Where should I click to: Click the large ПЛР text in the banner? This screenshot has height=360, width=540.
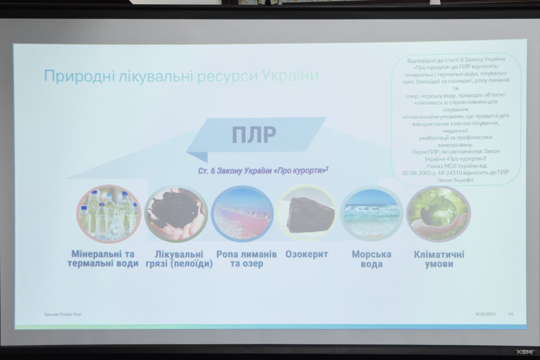pyautogui.click(x=254, y=135)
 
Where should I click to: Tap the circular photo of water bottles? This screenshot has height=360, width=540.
pyautogui.click(x=109, y=214)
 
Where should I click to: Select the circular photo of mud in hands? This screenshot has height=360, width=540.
pyautogui.click(x=176, y=214)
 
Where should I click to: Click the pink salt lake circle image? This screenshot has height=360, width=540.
pyautogui.click(x=242, y=214)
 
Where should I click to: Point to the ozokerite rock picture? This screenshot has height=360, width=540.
pyautogui.click(x=306, y=213)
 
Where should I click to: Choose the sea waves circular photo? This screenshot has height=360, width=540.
pyautogui.click(x=372, y=214)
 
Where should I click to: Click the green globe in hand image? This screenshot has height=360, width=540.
pyautogui.click(x=438, y=214)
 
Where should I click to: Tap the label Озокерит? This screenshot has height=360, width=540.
pyautogui.click(x=307, y=254)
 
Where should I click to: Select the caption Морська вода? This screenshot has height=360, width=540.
pyautogui.click(x=372, y=259)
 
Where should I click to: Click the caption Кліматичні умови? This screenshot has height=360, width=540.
pyautogui.click(x=439, y=259)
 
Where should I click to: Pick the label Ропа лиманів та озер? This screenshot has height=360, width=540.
pyautogui.click(x=247, y=259)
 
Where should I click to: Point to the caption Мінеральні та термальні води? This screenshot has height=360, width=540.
pyautogui.click(x=103, y=258)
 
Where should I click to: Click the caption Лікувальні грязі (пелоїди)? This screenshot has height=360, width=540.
pyautogui.click(x=179, y=259)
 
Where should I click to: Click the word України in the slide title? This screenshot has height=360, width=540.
pyautogui.click(x=290, y=75)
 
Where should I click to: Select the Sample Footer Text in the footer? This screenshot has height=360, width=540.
pyautogui.click(x=63, y=314)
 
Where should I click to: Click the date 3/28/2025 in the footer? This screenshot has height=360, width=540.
pyautogui.click(x=486, y=314)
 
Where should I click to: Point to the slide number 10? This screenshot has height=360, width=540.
pyautogui.click(x=510, y=314)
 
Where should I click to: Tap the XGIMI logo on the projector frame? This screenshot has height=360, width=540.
pyautogui.click(x=526, y=352)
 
